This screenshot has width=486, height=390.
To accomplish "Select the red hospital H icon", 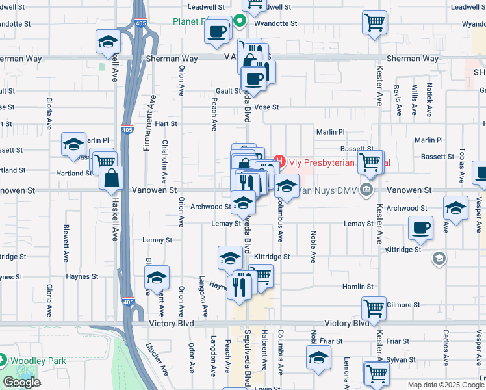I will click(x=279, y=160).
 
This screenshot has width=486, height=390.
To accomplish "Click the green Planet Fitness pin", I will click(x=239, y=21).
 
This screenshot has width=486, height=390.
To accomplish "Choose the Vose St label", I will click(x=266, y=107).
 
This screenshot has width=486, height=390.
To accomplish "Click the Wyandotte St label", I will click(x=275, y=23).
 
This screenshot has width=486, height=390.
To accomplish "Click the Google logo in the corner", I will click(x=21, y=382).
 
